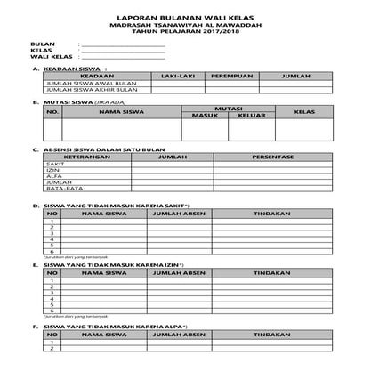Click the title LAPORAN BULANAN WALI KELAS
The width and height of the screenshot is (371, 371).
coord(185,17)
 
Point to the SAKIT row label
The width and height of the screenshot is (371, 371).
coord(54,165)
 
